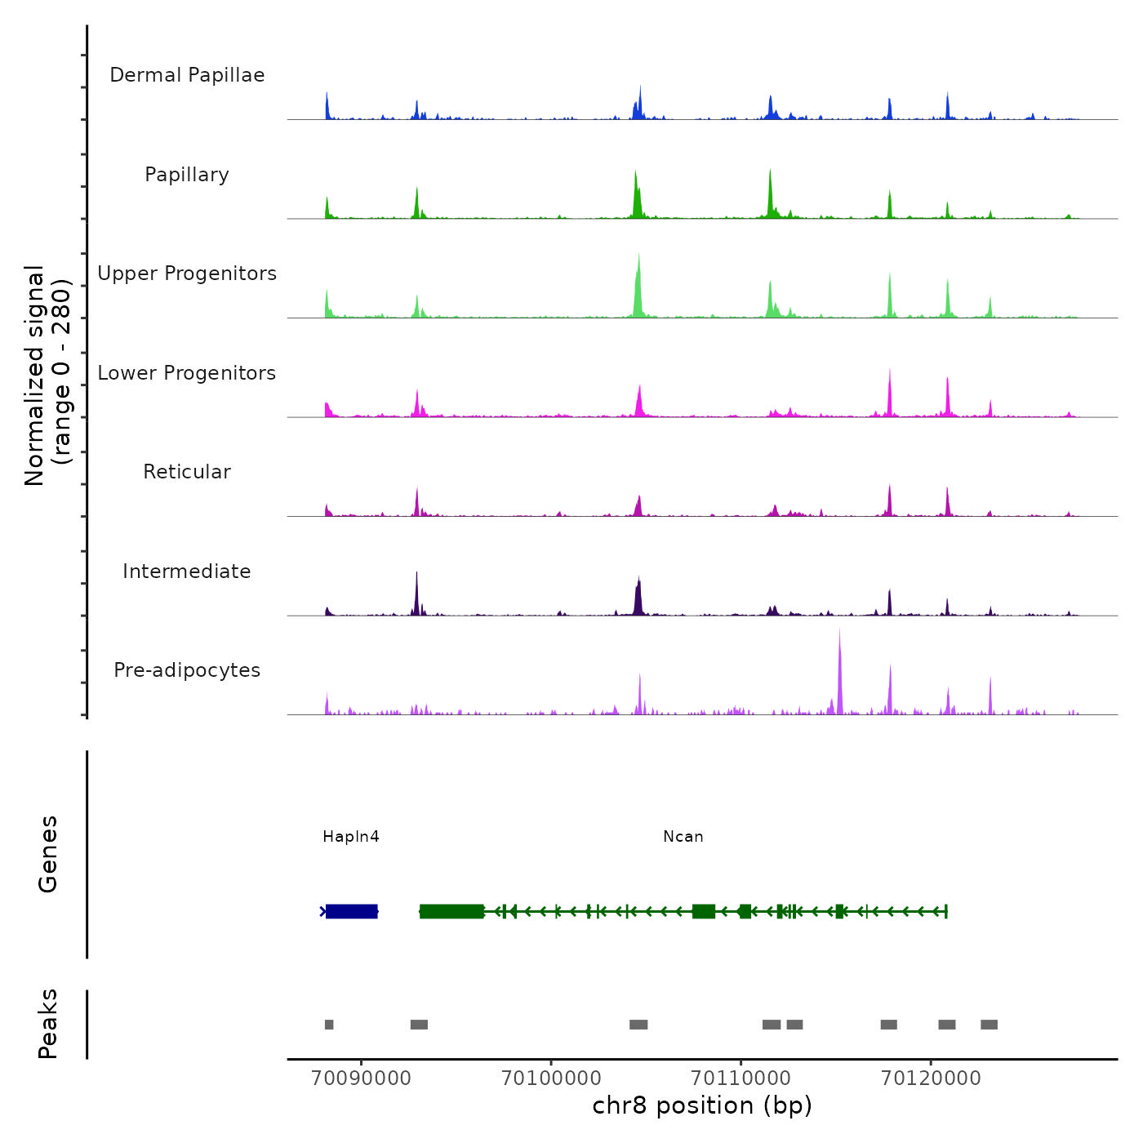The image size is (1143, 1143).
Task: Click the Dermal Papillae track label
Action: (x=187, y=75)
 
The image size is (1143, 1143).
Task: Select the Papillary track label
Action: (x=187, y=175)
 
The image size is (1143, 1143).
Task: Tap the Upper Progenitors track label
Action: (x=187, y=274)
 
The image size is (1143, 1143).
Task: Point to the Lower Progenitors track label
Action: (x=187, y=373)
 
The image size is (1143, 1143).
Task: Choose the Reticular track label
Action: (x=187, y=472)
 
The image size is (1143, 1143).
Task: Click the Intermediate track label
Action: (x=187, y=571)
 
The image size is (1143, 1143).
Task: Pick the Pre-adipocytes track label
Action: (x=187, y=670)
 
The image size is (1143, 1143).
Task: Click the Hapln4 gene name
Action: (x=351, y=837)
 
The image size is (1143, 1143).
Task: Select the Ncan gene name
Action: (x=683, y=837)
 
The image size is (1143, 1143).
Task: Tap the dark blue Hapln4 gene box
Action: (x=352, y=911)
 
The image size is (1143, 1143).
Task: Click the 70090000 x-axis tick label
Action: (x=362, y=1078)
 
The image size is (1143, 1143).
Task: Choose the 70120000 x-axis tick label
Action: (x=931, y=1078)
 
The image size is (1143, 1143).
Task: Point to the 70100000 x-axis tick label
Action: (x=551, y=1078)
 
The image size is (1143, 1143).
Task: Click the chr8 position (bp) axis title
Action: (x=702, y=1105)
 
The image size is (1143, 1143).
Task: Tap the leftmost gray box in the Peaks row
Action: (x=329, y=1025)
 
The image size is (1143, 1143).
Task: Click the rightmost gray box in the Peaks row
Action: (x=989, y=1025)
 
